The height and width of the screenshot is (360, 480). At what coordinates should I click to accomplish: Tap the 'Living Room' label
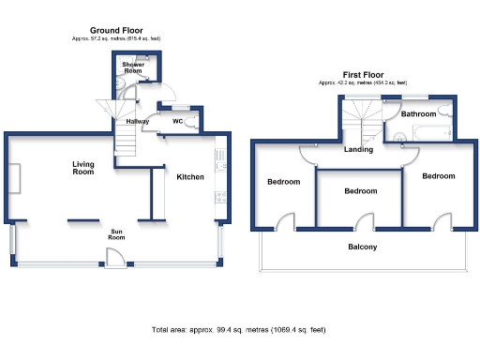pos(84,167)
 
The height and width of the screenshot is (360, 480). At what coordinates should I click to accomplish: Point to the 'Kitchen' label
pos(190,175)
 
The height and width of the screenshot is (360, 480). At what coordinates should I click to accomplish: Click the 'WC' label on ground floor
pos(177,121)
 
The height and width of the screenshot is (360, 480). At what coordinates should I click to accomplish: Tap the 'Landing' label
pos(358,149)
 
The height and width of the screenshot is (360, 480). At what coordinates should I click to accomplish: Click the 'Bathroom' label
pos(418,113)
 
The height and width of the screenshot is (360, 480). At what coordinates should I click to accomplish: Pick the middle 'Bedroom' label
pos(360,190)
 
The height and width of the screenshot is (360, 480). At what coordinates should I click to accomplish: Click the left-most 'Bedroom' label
pos(283,181)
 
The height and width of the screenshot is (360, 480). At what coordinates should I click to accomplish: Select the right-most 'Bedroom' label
pos(437,175)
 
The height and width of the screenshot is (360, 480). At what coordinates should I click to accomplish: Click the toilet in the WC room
pos(194,122)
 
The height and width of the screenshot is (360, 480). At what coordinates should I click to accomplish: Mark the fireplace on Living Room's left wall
pos(15,176)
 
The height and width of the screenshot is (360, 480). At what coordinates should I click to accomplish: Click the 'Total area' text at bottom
pos(241,330)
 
